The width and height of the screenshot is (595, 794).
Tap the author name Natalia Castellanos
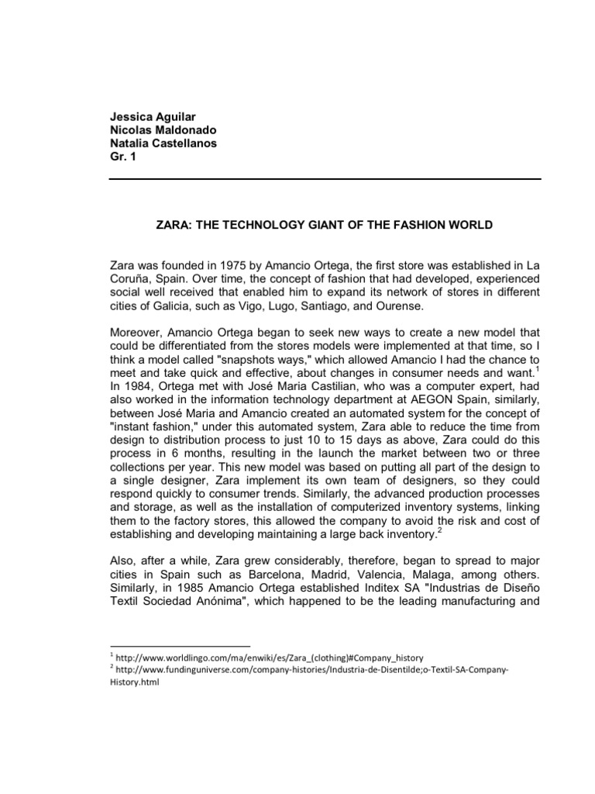tap(162, 144)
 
